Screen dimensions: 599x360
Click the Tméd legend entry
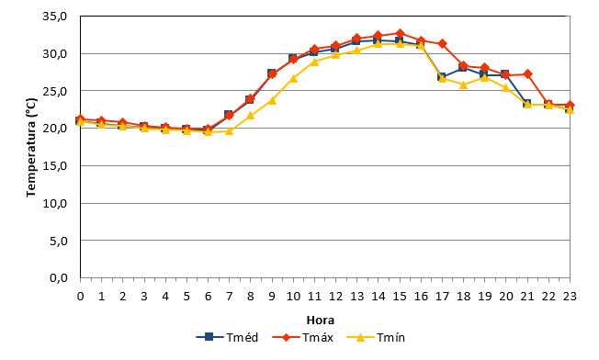(227, 337)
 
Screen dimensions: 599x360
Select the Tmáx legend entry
(303, 337)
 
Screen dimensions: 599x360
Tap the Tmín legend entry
(376, 337)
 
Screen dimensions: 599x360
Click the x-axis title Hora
(320, 320)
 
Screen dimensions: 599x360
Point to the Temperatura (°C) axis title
(31, 148)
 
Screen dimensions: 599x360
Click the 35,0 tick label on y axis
(55, 17)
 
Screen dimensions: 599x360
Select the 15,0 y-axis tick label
(55, 165)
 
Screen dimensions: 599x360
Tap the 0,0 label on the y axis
(59, 278)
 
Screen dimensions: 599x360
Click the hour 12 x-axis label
(335, 297)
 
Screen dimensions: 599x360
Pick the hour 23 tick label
(570, 297)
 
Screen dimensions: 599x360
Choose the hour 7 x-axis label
(229, 297)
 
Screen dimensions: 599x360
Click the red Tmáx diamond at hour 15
(400, 33)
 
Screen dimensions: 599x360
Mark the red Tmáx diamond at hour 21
(527, 73)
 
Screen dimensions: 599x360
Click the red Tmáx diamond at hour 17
(442, 43)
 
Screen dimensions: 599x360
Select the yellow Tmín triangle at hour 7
(229, 130)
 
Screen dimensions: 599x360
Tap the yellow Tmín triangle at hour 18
(463, 84)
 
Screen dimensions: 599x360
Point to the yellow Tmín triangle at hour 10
(293, 78)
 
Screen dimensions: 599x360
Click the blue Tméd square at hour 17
(441, 77)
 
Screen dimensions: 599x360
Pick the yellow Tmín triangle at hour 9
(272, 100)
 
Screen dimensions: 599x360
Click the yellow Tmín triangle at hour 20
(506, 87)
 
